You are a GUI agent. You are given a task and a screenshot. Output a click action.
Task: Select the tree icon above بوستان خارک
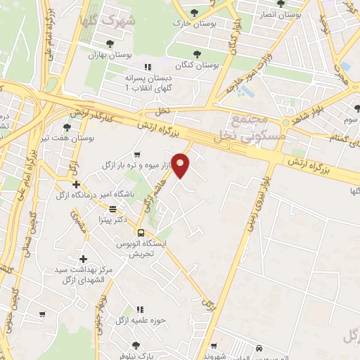coord(194,13)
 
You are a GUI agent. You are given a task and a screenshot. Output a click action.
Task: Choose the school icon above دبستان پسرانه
coord(147,67)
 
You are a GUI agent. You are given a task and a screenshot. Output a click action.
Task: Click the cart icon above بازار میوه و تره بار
coord(137,154)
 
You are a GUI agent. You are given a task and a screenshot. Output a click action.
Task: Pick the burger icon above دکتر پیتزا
coord(113,209)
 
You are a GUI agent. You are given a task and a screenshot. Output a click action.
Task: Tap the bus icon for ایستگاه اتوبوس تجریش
coord(141,233)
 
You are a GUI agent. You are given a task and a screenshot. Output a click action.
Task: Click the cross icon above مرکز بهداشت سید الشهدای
coord(84,259)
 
